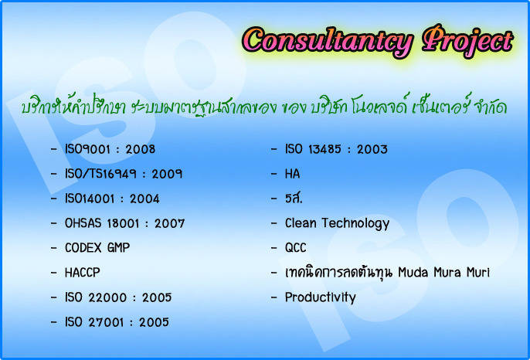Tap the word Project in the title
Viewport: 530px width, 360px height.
click(x=468, y=41)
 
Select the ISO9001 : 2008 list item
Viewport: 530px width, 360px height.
click(x=110, y=149)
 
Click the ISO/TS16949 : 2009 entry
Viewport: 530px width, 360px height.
click(x=124, y=174)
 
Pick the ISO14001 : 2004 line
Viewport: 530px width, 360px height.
click(x=112, y=199)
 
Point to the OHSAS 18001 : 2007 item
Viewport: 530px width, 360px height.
click(x=124, y=223)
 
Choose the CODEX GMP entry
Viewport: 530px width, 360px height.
click(x=97, y=248)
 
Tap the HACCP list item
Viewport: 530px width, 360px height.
click(x=83, y=273)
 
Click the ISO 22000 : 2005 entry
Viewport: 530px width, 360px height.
click(x=118, y=297)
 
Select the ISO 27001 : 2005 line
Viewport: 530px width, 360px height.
click(x=117, y=322)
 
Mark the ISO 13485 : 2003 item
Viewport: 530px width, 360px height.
click(x=336, y=149)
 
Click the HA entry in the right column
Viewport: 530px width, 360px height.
click(x=292, y=174)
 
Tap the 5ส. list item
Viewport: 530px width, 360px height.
click(x=294, y=199)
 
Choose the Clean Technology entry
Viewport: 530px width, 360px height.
click(x=337, y=224)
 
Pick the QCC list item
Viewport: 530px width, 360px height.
click(x=295, y=248)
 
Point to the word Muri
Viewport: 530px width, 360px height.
click(x=478, y=273)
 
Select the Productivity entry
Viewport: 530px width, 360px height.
click(x=321, y=297)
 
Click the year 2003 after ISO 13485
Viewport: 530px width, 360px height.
click(x=372, y=149)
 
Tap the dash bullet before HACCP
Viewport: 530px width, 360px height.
click(x=54, y=273)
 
